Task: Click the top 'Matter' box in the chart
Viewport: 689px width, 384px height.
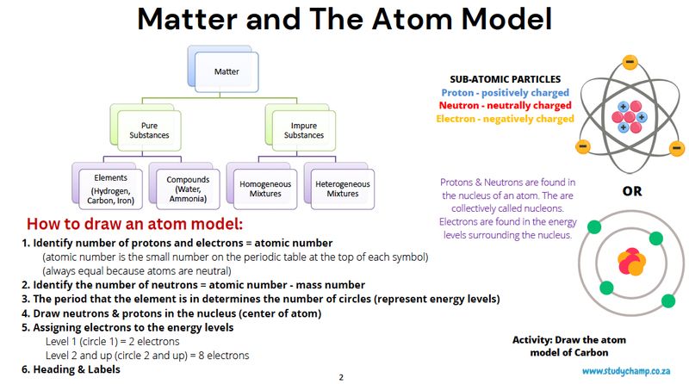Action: tap(227, 71)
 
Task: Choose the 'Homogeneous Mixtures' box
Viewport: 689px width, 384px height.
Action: tap(264, 188)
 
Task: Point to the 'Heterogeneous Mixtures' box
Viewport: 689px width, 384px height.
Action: tap(342, 188)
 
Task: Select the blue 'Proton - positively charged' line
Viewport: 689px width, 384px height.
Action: tap(505, 92)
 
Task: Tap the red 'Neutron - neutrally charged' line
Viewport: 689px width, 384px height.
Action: tap(505, 105)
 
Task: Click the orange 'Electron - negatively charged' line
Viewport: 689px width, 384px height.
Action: tap(505, 119)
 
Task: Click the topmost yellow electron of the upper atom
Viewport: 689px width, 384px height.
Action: tap(630, 61)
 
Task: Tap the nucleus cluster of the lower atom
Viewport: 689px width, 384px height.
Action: tap(630, 261)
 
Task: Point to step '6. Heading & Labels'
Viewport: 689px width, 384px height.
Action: tap(71, 369)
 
